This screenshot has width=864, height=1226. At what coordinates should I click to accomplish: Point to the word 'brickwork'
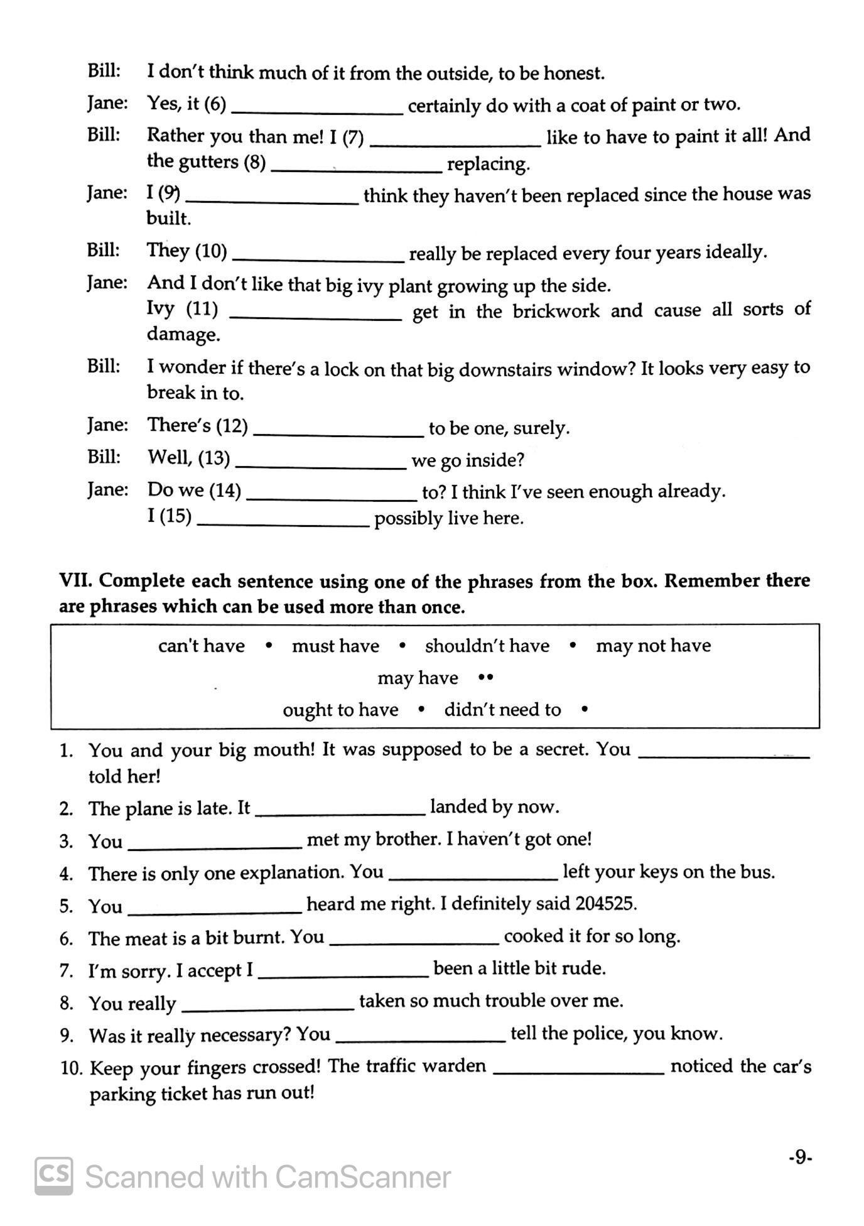pos(556,312)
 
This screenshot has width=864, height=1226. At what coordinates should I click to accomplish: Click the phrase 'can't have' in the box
pos(202,646)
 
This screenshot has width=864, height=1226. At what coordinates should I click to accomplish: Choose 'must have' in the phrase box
pos(335,646)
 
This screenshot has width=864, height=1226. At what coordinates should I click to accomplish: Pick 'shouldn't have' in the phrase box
pos(487,646)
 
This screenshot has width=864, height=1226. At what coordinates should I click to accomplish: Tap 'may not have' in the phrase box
pos(653,646)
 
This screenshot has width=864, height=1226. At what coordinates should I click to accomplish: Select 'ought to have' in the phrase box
pos(340,710)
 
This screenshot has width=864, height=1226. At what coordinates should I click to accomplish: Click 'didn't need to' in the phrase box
pos(502,710)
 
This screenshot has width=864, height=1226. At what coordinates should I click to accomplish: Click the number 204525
pos(605,904)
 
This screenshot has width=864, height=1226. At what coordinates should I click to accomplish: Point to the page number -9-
pos(800,1157)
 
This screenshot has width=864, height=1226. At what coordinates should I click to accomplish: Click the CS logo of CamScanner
pos(54,1176)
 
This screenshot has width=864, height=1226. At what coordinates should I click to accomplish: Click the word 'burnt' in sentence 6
pos(260,938)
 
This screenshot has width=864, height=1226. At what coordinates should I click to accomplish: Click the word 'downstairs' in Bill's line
pos(504,369)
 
